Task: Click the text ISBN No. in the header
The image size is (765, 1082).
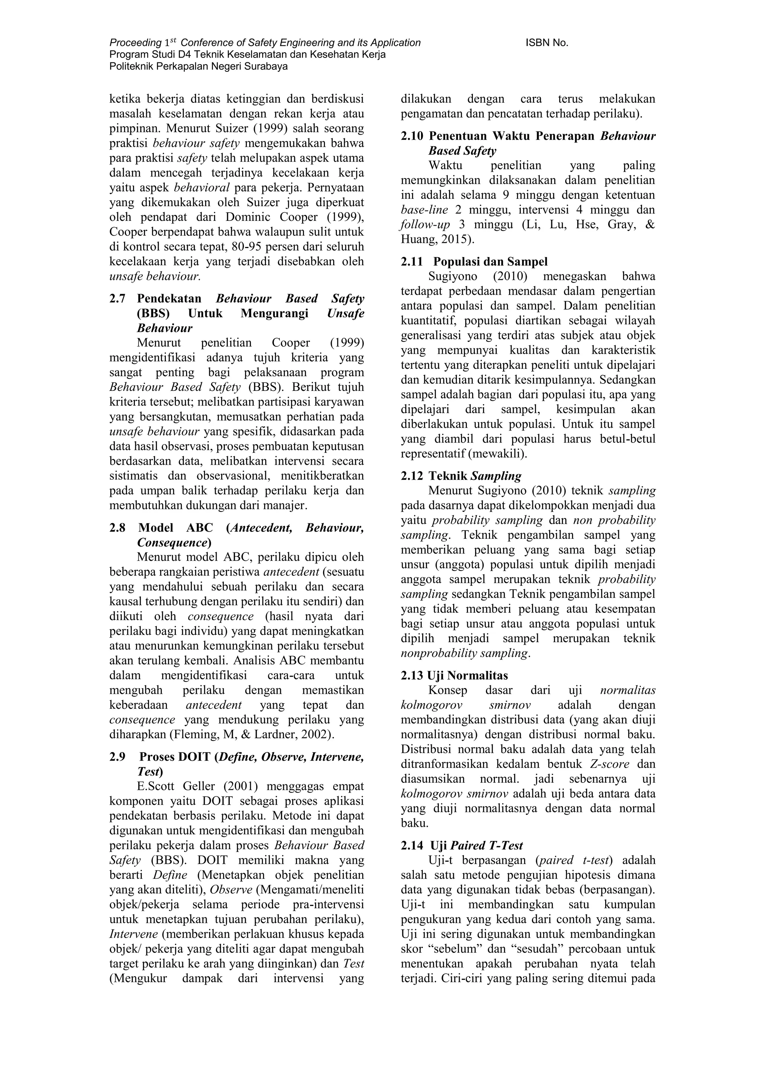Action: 546,43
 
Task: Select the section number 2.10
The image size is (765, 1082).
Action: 412,136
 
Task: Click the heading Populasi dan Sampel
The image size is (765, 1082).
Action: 490,262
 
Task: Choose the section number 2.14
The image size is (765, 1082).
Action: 412,846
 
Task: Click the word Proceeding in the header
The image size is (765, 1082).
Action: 135,43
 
